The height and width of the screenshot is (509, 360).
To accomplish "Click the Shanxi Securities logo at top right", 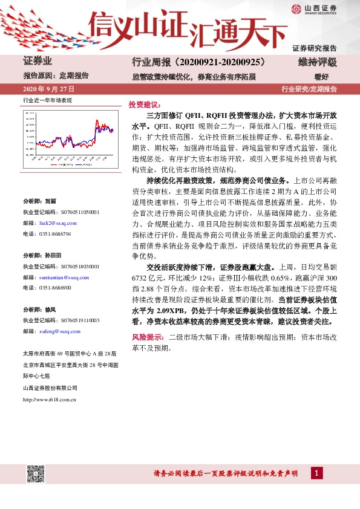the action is point(314,8).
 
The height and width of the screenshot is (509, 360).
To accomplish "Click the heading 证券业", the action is point(38,62).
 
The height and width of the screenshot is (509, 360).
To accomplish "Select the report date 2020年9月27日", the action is point(45,89).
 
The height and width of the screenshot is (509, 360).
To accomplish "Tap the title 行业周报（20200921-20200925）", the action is point(199,62).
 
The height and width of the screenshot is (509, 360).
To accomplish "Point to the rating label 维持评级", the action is point(317,62).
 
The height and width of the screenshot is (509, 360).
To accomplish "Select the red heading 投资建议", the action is point(143,104).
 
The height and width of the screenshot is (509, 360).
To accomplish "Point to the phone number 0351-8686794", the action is point(54,233).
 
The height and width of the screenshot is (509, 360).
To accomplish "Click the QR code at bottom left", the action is point(35,474).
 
